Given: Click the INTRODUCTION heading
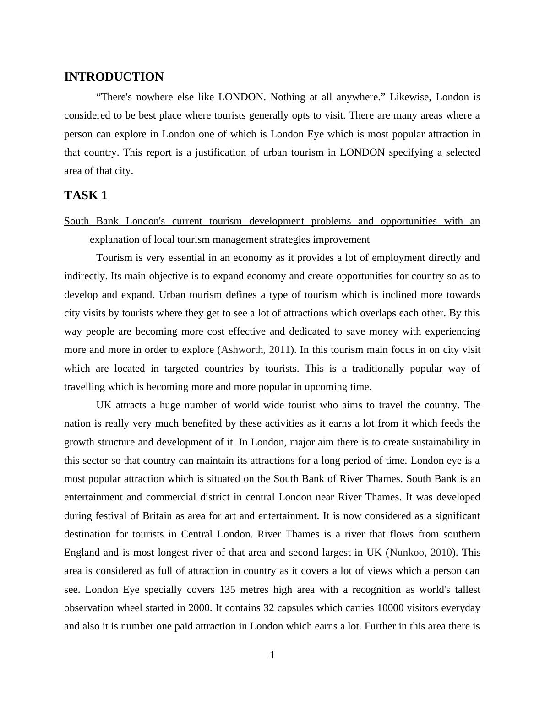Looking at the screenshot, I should (x=114, y=77).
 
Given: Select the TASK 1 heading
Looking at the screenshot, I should (x=86, y=195).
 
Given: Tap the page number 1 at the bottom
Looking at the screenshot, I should (x=272, y=655).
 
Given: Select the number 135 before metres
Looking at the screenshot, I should (x=228, y=590).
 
